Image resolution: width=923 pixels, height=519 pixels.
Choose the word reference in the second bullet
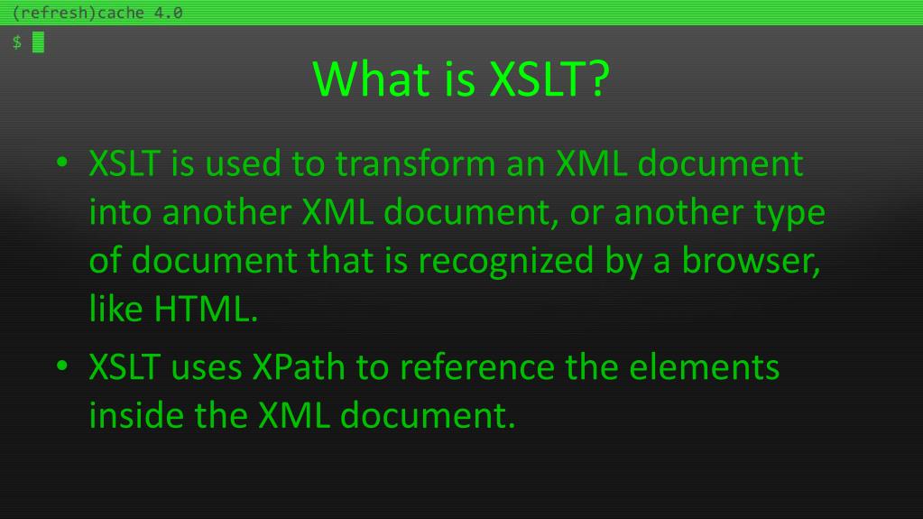pos(478,367)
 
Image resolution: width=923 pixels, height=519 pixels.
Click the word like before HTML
pos(116,309)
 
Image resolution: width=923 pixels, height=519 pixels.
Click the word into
pos(121,213)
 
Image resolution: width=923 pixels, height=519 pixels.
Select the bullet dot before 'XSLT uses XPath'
pos(61,369)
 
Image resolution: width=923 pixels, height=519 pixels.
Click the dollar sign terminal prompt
pos(16,42)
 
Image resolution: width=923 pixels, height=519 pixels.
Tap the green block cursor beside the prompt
pos(38,42)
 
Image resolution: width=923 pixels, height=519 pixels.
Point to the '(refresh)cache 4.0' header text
pos(92,13)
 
